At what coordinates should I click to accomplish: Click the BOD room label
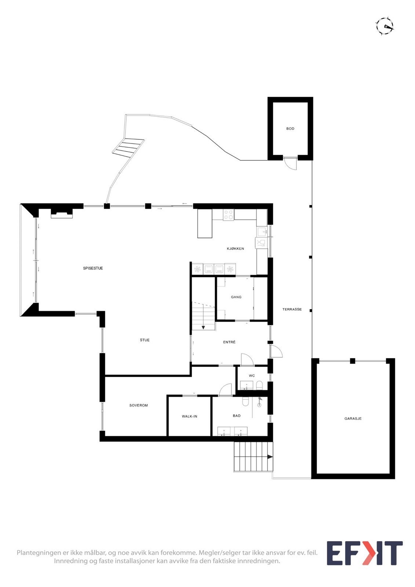pyautogui.click(x=290, y=129)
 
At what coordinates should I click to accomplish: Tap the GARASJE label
pyautogui.click(x=353, y=419)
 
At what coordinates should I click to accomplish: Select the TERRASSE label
pyautogui.click(x=292, y=310)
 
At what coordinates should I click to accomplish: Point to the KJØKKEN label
pyautogui.click(x=235, y=249)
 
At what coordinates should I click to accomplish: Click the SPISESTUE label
pyautogui.click(x=93, y=269)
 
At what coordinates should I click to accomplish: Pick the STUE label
pyautogui.click(x=145, y=340)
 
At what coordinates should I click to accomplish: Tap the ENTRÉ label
pyautogui.click(x=229, y=342)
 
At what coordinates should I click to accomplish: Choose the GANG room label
pyautogui.click(x=236, y=297)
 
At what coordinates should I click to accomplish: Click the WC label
pyautogui.click(x=252, y=376)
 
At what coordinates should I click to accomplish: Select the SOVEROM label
pyautogui.click(x=138, y=406)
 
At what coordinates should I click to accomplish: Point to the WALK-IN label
pyautogui.click(x=189, y=416)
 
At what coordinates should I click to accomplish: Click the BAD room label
pyautogui.click(x=237, y=416)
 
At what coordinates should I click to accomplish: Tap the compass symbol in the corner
pyautogui.click(x=384, y=26)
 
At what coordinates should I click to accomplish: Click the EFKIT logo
pyautogui.click(x=364, y=553)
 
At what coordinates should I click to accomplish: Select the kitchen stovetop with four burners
pyautogui.click(x=229, y=215)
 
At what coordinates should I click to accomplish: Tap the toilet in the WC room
pyautogui.click(x=259, y=385)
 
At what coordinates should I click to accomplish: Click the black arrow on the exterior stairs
pyautogui.click(x=270, y=457)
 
